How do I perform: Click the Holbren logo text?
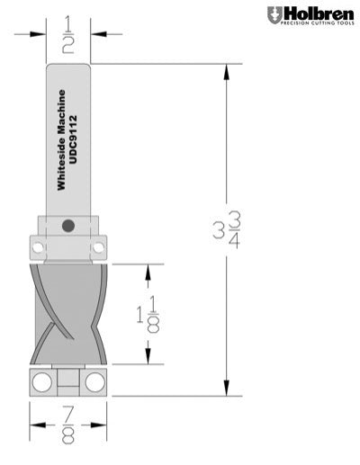click(x=316, y=13)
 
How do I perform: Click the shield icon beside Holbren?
click(x=274, y=14)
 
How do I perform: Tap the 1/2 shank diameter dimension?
click(x=68, y=34)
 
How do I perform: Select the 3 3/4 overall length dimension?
click(x=225, y=228)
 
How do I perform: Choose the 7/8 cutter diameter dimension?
click(x=68, y=425)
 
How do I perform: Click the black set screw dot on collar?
click(x=68, y=225)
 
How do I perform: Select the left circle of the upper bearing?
click(x=39, y=245)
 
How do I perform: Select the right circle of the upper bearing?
click(x=98, y=245)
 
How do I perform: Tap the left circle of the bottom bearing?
click(x=41, y=381)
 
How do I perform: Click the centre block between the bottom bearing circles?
click(x=68, y=382)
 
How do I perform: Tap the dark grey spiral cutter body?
click(x=68, y=310)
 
